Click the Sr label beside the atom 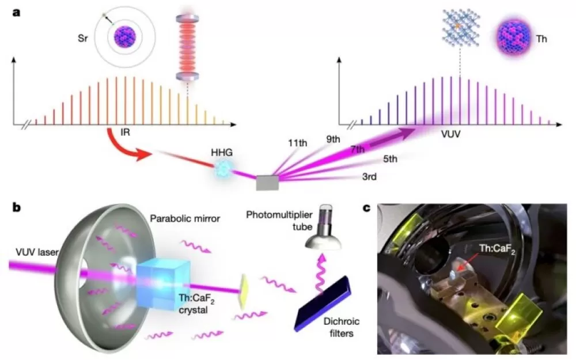pos(82,38)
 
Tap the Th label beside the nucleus pos(541,39)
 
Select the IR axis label pos(125,132)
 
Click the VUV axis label pos(451,134)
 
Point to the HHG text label pos(222,152)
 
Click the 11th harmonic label pos(298,143)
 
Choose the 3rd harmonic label pos(369,177)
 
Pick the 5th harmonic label pos(390,159)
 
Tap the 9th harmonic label pos(333,139)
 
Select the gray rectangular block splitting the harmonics pos(267,183)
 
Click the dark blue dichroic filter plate pos(323,304)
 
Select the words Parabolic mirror pos(185,218)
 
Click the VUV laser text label pos(37,252)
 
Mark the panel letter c pos(366,208)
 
